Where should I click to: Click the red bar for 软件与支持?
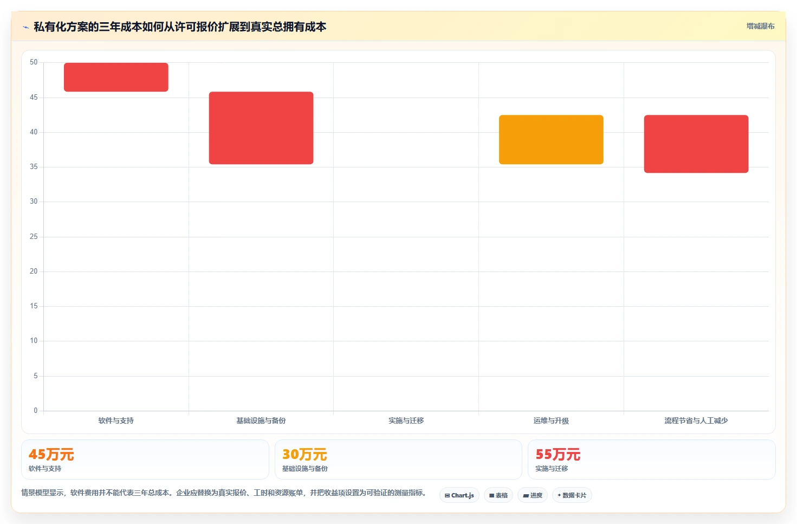[x=116, y=77]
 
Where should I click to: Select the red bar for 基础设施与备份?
[x=261, y=128]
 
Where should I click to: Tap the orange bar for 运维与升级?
[x=551, y=139]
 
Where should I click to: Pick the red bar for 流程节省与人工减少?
[x=696, y=144]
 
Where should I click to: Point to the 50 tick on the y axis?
[x=34, y=62]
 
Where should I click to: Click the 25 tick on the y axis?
[x=34, y=237]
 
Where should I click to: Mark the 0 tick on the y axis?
[x=36, y=411]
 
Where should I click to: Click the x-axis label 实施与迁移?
[x=406, y=421]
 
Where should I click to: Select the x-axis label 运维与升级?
[x=551, y=421]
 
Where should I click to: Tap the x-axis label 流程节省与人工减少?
[x=696, y=421]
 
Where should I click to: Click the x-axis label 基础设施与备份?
[x=261, y=421]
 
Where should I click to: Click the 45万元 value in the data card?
[x=51, y=455]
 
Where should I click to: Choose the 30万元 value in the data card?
[x=304, y=455]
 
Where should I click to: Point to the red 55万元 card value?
[x=558, y=455]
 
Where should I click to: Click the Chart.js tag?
[x=459, y=495]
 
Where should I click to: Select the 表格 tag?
[x=498, y=495]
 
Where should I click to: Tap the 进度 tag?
[x=532, y=495]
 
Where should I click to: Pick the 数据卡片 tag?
[x=572, y=495]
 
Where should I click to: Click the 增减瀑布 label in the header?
[x=760, y=27]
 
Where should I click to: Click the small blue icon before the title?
[x=25, y=27]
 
